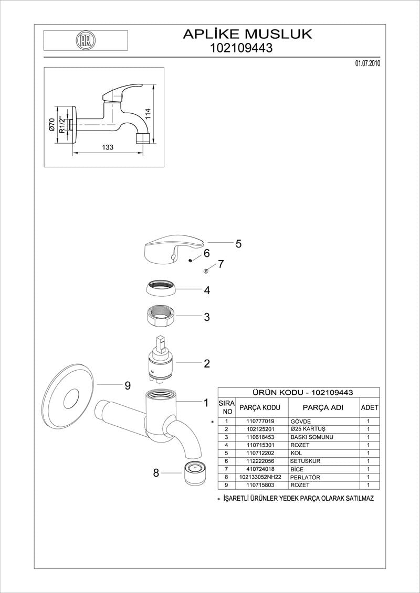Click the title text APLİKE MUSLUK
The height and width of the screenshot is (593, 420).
247,34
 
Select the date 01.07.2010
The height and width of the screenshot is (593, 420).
367,63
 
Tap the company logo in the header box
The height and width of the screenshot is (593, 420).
85,40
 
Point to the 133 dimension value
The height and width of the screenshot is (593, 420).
107,148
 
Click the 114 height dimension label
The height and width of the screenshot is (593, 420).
149,113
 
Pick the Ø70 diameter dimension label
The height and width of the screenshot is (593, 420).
51,124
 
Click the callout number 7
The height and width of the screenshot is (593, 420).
221,264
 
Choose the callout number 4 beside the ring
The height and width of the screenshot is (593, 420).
207,290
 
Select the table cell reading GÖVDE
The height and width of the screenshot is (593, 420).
300,422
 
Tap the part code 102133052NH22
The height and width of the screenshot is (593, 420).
260,478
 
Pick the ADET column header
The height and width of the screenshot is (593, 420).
370,407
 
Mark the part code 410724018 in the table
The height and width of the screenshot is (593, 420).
260,469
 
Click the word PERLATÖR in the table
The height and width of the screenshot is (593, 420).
305,478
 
